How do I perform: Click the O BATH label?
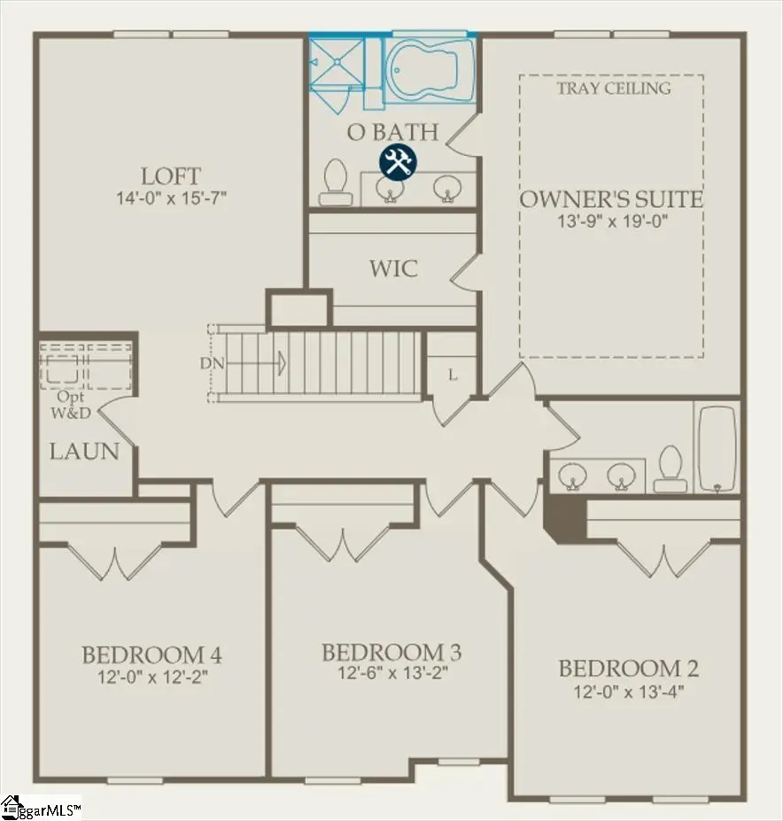tap(392, 133)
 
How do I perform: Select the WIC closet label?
tap(393, 268)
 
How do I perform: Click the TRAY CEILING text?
tap(613, 88)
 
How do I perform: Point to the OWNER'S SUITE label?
tap(611, 199)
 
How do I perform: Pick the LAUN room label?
tap(84, 452)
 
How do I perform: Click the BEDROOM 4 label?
tap(151, 655)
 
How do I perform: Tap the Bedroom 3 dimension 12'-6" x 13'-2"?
tap(391, 673)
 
